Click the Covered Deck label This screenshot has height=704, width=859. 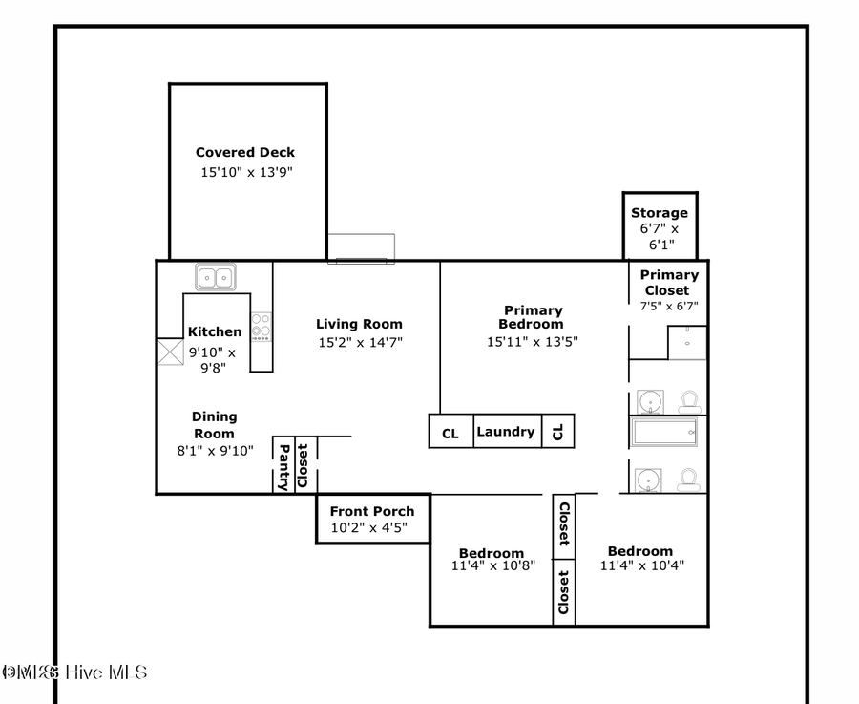point(245,152)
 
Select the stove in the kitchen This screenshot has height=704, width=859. point(261,326)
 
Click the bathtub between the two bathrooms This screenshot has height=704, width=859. point(665,432)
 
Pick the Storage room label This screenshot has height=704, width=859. point(659,213)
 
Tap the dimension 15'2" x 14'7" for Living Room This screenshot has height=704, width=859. point(360,342)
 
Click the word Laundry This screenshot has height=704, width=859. point(505,432)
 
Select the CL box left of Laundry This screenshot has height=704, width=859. point(450,433)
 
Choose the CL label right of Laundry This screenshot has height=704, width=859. point(558,432)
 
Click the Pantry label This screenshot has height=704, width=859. point(283,466)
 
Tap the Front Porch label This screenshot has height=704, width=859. point(372,511)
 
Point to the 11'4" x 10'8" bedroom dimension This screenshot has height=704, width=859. point(492,565)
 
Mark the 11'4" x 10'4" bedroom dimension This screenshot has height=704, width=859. point(640,565)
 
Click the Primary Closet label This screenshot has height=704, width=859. point(668,282)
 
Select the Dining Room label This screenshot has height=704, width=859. point(214,425)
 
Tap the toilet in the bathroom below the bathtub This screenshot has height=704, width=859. point(687,479)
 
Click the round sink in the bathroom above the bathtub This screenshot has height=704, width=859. point(649,399)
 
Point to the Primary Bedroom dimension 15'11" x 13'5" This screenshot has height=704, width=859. point(532,341)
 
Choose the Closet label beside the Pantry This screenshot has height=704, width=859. point(304,466)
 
